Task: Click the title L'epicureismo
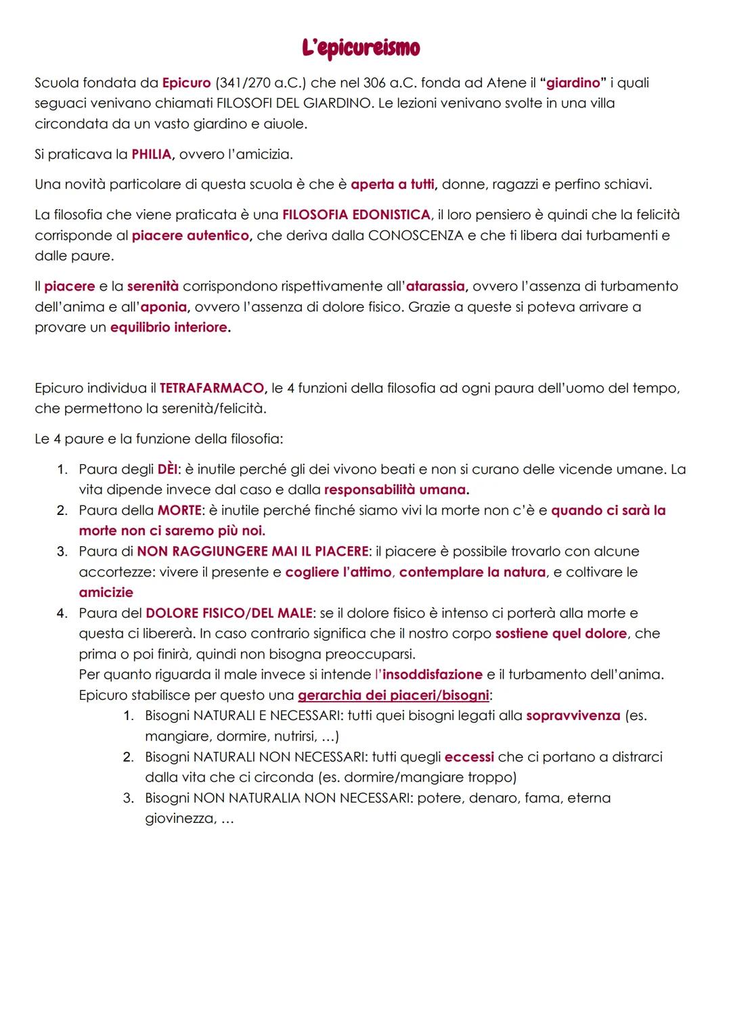(x=361, y=48)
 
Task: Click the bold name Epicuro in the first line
(x=186, y=83)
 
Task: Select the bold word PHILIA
(x=152, y=154)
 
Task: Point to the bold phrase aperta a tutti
(x=393, y=185)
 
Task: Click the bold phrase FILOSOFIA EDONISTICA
(x=356, y=215)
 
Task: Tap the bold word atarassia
(x=435, y=286)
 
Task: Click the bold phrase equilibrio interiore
(x=169, y=328)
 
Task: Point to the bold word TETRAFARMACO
(x=212, y=388)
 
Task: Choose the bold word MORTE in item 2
(x=179, y=510)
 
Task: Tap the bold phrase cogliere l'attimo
(x=338, y=573)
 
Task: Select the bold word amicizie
(x=106, y=593)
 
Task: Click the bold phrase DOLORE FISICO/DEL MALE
(x=229, y=613)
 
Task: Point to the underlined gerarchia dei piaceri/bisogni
(x=393, y=695)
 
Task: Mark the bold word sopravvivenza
(x=573, y=716)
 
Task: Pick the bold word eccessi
(x=469, y=757)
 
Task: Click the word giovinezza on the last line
(x=179, y=819)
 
